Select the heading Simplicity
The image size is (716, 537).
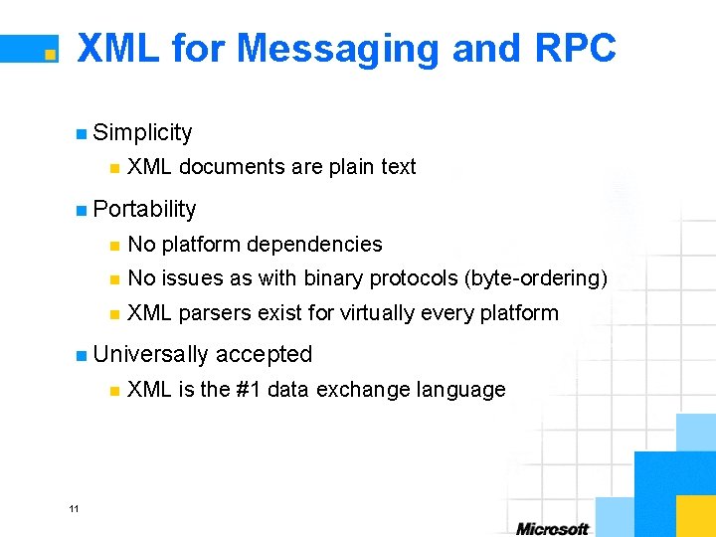142,132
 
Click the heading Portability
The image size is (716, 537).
144,209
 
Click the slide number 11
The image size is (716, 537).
74,509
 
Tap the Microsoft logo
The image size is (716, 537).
552,528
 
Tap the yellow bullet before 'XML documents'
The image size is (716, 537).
115,168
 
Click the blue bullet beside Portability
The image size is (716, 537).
81,210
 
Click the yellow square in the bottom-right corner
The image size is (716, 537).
695,515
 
